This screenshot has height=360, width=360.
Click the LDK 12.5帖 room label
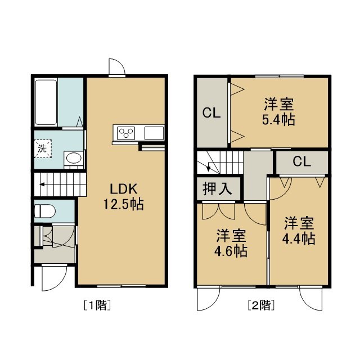[123, 196]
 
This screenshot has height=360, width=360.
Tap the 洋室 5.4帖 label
[278, 111]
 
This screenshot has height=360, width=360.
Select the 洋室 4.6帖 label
[231, 243]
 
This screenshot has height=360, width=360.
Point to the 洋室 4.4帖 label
[299, 230]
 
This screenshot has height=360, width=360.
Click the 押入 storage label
[217, 188]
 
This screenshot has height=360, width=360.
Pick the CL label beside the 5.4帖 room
[211, 113]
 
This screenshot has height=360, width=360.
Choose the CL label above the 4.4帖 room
[301, 161]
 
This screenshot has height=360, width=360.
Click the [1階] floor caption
[97, 305]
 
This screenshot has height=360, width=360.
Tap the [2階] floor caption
[261, 305]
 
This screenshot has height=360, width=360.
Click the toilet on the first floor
[45, 211]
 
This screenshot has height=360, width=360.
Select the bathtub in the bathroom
[46, 102]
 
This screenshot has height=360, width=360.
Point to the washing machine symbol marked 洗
[43, 148]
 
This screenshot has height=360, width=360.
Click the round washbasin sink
[74, 158]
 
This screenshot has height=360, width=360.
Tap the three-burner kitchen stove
[126, 133]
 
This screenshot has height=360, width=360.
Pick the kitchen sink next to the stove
[154, 133]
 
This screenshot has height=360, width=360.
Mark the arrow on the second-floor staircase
[208, 166]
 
